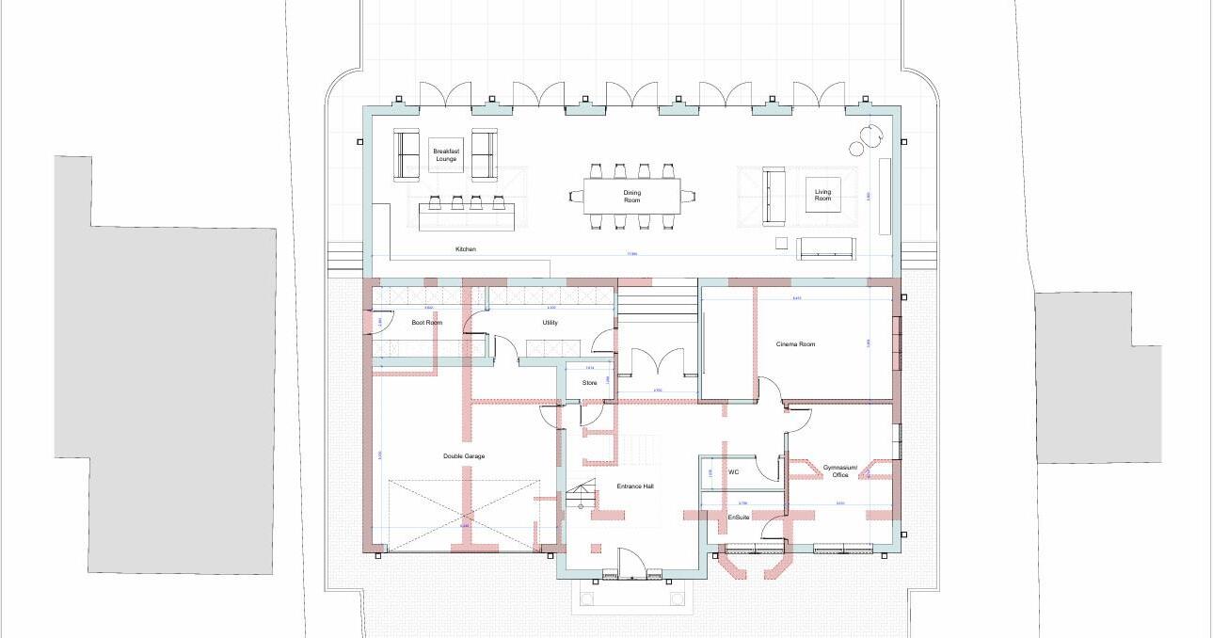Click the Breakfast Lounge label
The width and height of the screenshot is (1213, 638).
(446, 154)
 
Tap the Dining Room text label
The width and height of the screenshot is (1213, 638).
(631, 197)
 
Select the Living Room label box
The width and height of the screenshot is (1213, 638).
(822, 195)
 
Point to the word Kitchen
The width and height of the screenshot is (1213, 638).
(466, 249)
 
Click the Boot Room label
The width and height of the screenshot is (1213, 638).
(426, 323)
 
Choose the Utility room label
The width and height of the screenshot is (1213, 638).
(550, 323)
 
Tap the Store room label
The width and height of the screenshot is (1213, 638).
(589, 383)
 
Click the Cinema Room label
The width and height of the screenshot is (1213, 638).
(795, 344)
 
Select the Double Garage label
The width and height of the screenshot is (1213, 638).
(464, 456)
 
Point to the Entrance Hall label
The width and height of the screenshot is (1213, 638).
(635, 486)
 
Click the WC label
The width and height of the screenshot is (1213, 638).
(734, 472)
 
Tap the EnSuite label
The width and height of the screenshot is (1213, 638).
(739, 518)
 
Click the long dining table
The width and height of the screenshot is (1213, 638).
(631, 196)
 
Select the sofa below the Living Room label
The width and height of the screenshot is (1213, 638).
(826, 248)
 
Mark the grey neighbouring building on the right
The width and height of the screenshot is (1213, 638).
(1096, 376)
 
